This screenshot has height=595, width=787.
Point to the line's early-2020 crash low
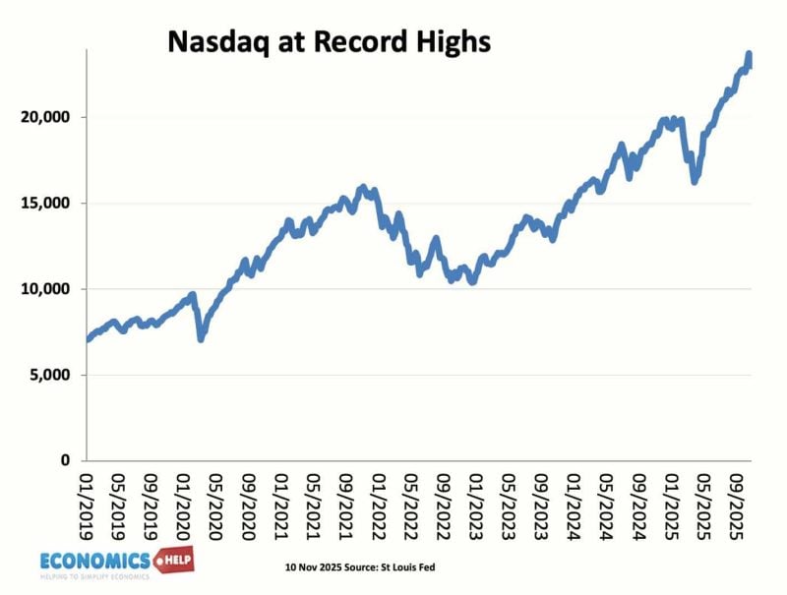pyautogui.click(x=202, y=338)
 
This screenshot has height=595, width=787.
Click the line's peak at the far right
pyautogui.click(x=750, y=54)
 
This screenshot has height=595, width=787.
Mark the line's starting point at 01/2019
pyautogui.click(x=89, y=339)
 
